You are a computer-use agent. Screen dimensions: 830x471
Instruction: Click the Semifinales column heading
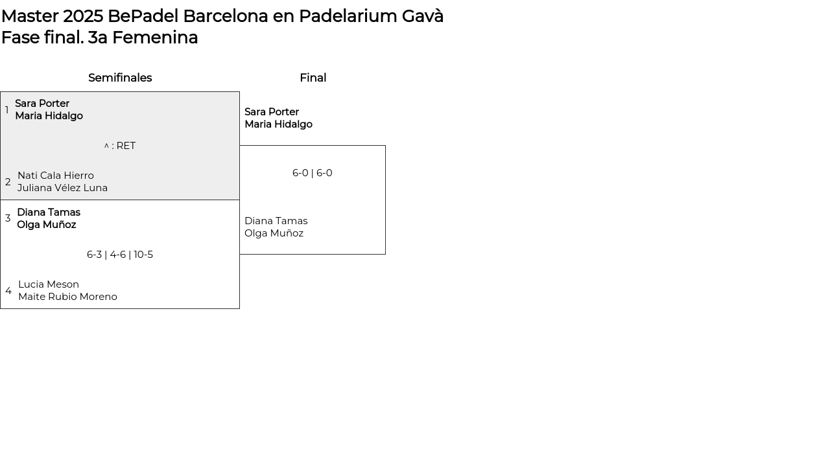click(x=120, y=78)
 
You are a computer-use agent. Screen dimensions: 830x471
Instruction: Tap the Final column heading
click(x=313, y=78)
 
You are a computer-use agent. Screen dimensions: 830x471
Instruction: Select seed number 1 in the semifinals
click(x=6, y=109)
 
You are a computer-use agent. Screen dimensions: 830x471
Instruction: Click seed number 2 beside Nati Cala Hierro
click(x=8, y=182)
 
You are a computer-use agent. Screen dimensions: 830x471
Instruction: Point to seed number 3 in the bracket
click(x=8, y=218)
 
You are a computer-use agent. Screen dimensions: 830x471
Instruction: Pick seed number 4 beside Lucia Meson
click(x=8, y=291)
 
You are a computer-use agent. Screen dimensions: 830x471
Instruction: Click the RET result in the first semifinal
click(x=120, y=146)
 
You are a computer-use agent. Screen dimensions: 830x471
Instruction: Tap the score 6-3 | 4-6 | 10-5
click(x=120, y=255)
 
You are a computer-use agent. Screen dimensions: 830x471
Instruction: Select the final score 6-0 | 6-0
click(x=313, y=173)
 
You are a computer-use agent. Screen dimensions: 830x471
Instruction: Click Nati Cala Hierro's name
click(x=56, y=176)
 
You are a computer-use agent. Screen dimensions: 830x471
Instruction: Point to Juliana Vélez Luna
click(x=63, y=188)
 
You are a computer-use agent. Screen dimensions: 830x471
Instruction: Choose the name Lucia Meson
click(x=49, y=284)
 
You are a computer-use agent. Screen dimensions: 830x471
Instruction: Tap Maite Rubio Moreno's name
click(x=68, y=297)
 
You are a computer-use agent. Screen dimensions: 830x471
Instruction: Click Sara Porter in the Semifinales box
click(x=42, y=103)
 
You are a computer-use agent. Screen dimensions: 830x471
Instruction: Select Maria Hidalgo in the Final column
click(x=279, y=124)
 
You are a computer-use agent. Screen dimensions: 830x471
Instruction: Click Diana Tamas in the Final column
click(x=276, y=221)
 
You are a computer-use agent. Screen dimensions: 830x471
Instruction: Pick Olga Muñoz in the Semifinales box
click(x=47, y=225)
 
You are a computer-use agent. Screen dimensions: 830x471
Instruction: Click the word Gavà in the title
click(x=422, y=16)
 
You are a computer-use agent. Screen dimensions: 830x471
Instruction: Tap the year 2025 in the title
click(x=83, y=16)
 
